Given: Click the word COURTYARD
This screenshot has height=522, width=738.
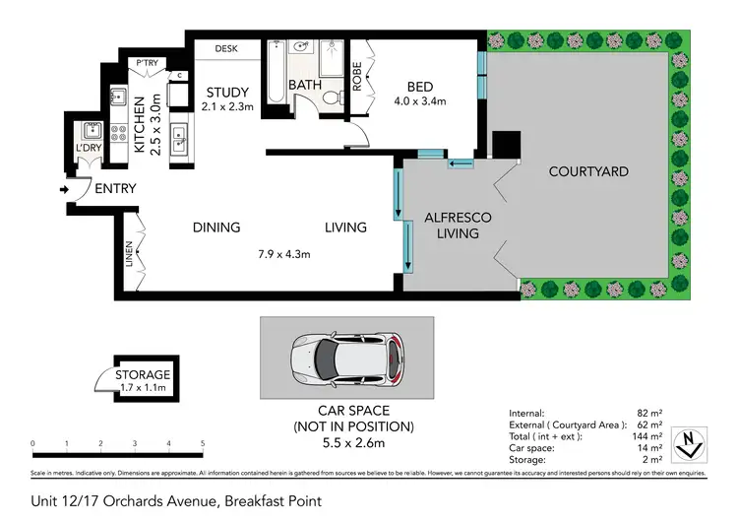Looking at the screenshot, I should [588, 171].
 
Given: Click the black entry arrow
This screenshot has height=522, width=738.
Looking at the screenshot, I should [66, 189].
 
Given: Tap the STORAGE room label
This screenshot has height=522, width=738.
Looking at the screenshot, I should [143, 374].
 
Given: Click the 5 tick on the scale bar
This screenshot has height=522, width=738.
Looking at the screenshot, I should [203, 444].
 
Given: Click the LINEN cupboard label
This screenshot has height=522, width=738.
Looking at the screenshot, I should [129, 256].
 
